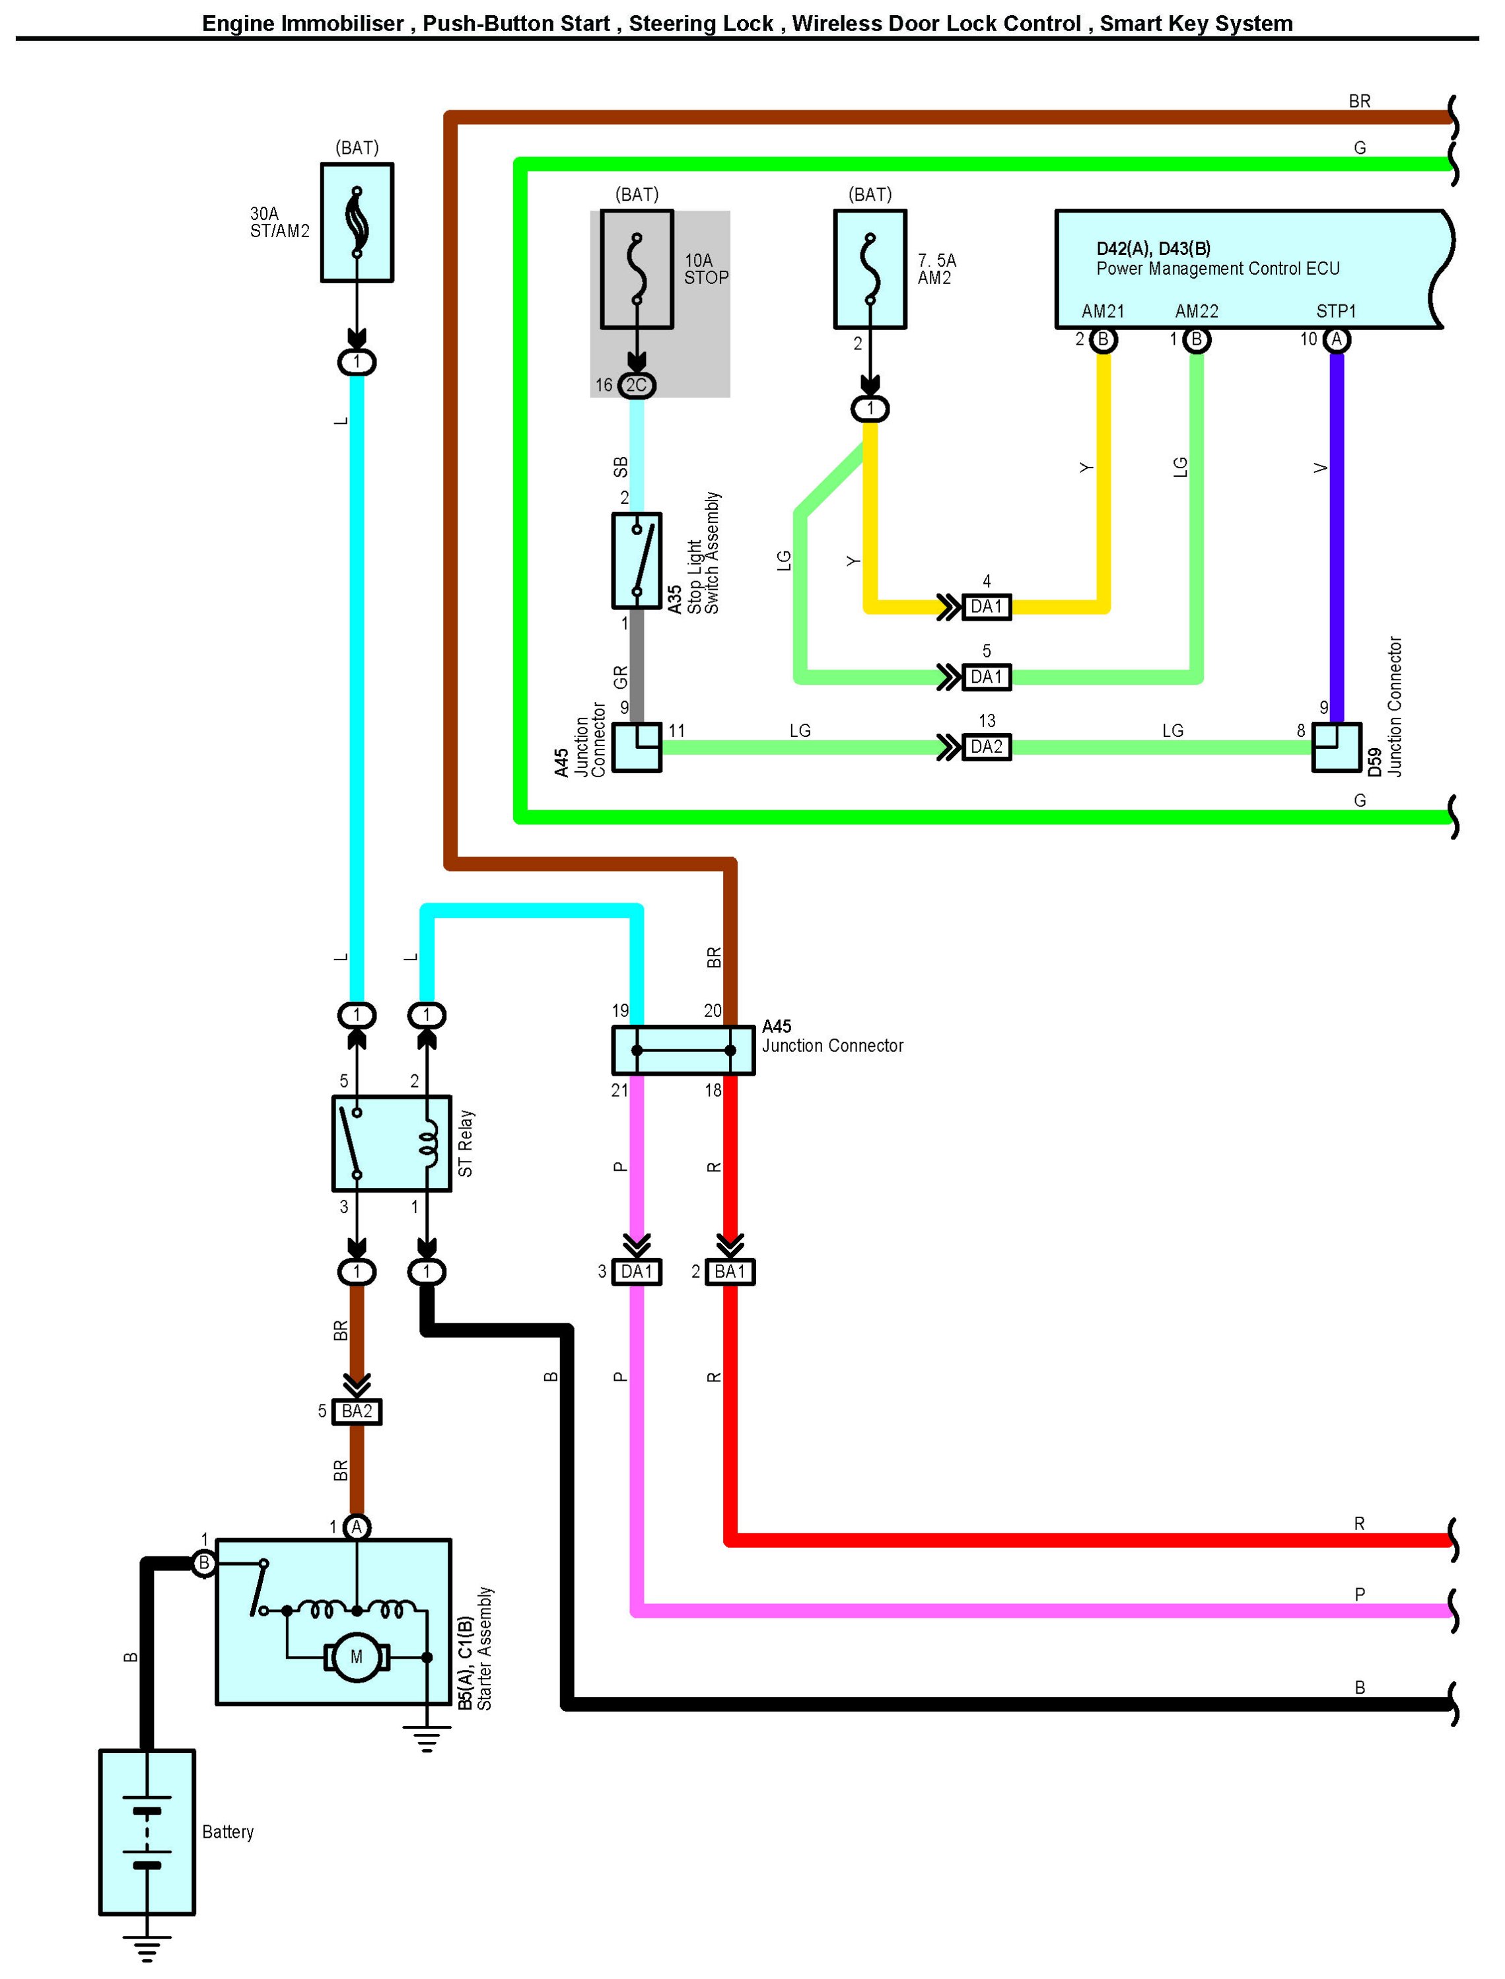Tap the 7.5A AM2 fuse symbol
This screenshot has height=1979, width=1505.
(x=870, y=269)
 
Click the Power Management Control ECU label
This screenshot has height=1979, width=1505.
(x=1218, y=269)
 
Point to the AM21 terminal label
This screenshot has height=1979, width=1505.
(x=1103, y=311)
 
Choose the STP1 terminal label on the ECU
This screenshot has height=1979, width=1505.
(x=1336, y=311)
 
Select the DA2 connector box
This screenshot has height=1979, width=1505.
(x=987, y=746)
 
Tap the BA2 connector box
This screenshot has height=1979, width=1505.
(x=357, y=1412)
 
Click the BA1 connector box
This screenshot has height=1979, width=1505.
(x=730, y=1271)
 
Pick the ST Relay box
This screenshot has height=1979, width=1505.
(x=392, y=1143)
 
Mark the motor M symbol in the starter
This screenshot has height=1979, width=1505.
(x=357, y=1657)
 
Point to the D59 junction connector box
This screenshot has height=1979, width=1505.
(x=1336, y=746)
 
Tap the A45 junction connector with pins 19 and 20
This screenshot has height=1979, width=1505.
(x=683, y=1050)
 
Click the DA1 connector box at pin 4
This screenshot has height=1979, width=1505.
(x=987, y=607)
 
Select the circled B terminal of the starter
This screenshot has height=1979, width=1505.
(x=203, y=1563)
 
